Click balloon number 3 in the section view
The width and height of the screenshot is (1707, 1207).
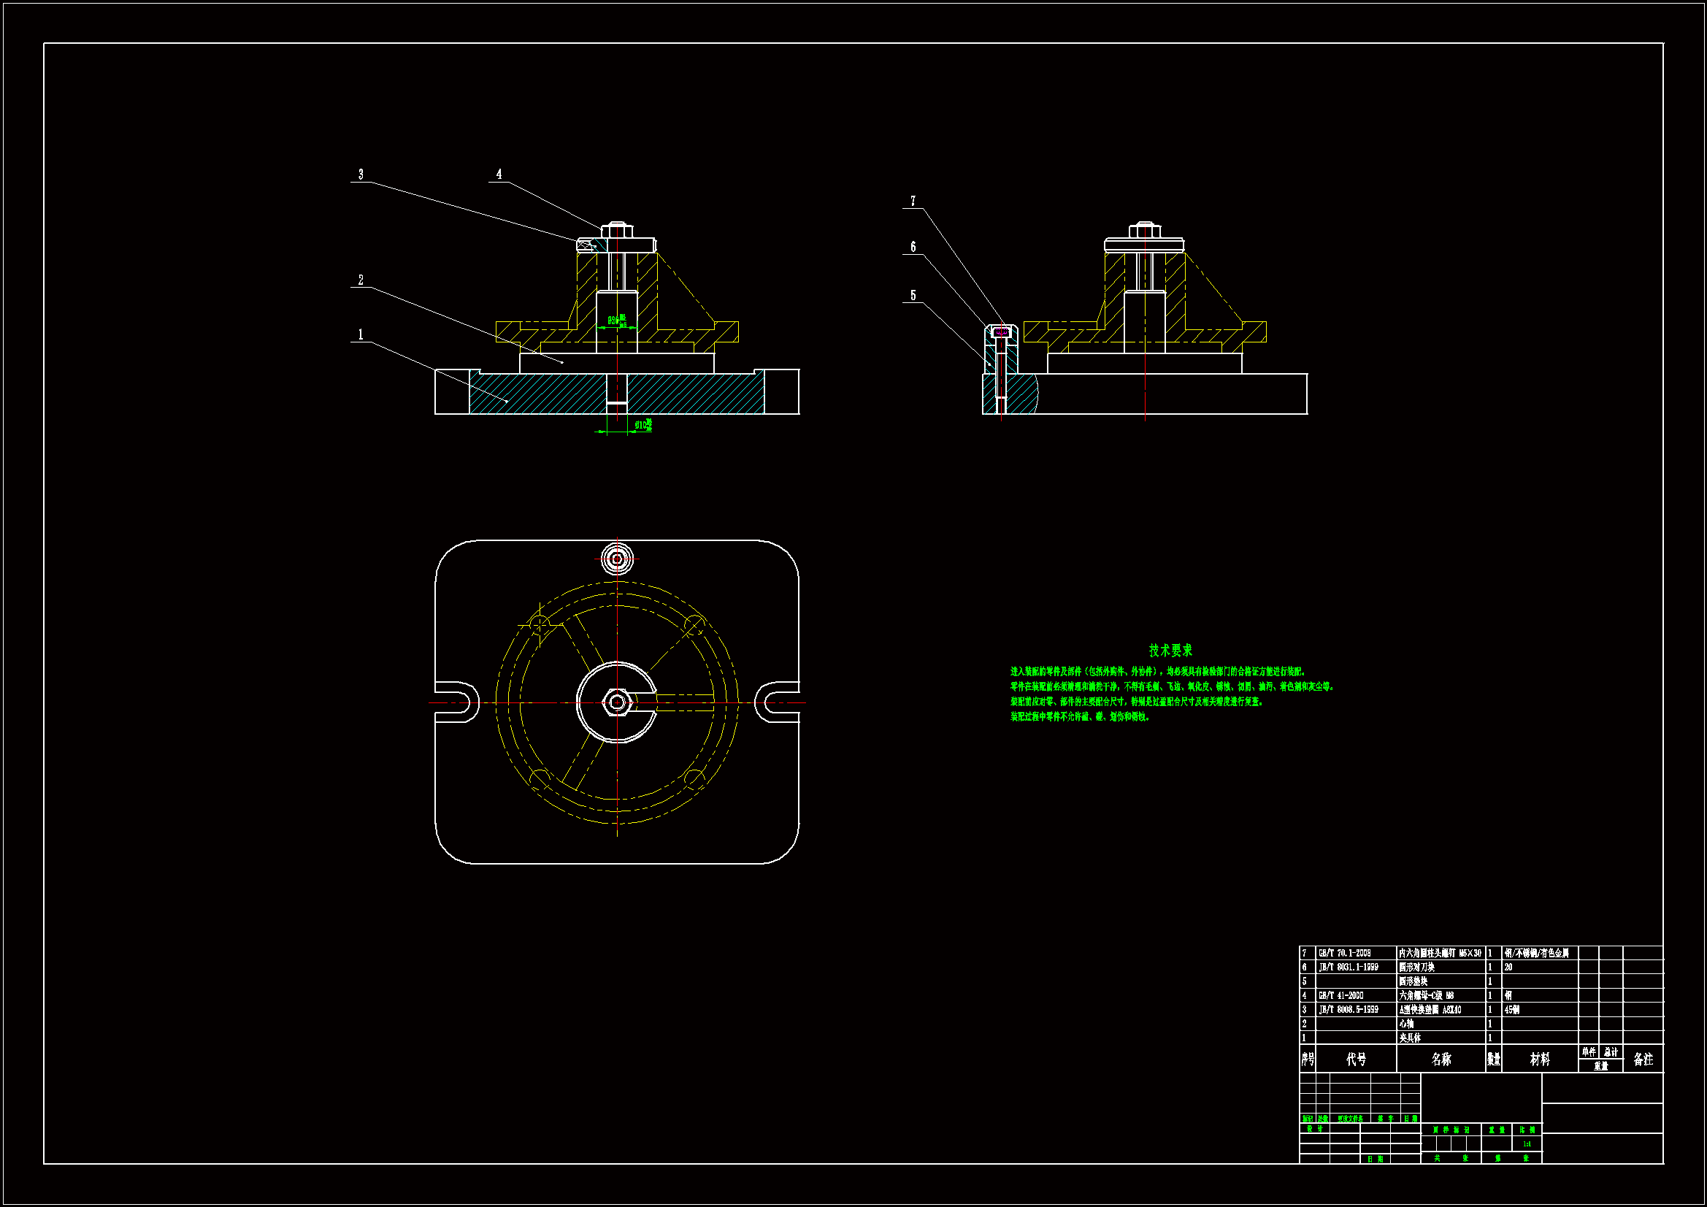pyautogui.click(x=361, y=174)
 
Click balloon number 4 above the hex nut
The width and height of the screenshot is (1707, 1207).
pyautogui.click(x=499, y=174)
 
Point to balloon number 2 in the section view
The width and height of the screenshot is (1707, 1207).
pyautogui.click(x=361, y=280)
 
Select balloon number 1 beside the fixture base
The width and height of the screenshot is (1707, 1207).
pyautogui.click(x=361, y=334)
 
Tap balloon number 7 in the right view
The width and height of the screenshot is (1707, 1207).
pyautogui.click(x=913, y=201)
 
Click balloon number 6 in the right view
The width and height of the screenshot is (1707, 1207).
pyautogui.click(x=913, y=247)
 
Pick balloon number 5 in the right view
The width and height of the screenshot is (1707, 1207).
pyautogui.click(x=913, y=295)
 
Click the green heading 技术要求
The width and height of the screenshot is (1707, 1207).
pyautogui.click(x=1170, y=651)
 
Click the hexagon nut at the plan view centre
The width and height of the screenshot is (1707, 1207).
pyautogui.click(x=616, y=702)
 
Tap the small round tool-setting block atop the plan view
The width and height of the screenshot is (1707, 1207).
pyautogui.click(x=616, y=559)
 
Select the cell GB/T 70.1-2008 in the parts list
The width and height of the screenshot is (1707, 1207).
pyautogui.click(x=1344, y=954)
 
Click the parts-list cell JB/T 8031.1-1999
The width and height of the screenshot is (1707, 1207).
pyautogui.click(x=1348, y=967)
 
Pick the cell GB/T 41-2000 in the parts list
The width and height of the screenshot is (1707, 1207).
pyautogui.click(x=1340, y=996)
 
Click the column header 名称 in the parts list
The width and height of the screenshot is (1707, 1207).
pyautogui.click(x=1441, y=1059)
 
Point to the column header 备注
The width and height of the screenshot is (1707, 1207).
pyautogui.click(x=1643, y=1059)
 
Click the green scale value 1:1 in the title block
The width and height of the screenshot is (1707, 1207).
pyautogui.click(x=1527, y=1144)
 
